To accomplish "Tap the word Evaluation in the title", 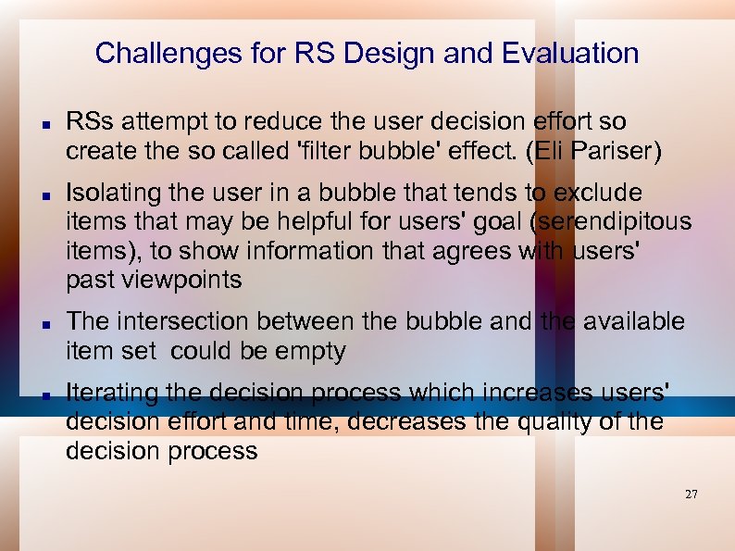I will click(570, 53).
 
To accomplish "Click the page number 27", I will click(691, 494).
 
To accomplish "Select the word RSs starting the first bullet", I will click(90, 121).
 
